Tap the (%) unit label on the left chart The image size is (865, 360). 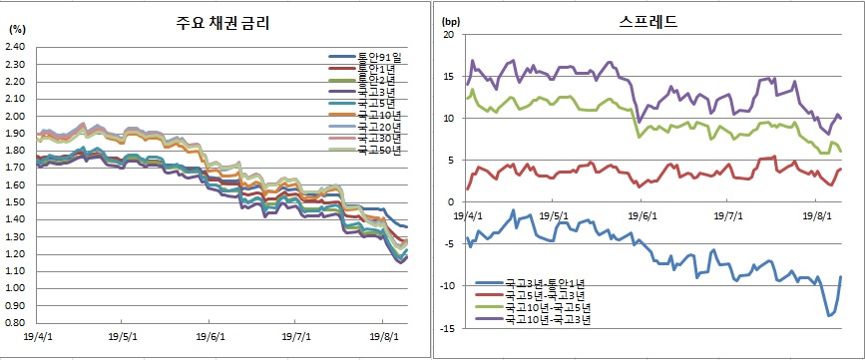tap(16, 30)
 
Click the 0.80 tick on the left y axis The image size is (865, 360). tap(15, 323)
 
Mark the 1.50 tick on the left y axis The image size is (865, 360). tap(15, 201)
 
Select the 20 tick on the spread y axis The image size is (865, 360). tap(448, 35)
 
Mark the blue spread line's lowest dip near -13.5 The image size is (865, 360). tap(829, 315)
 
